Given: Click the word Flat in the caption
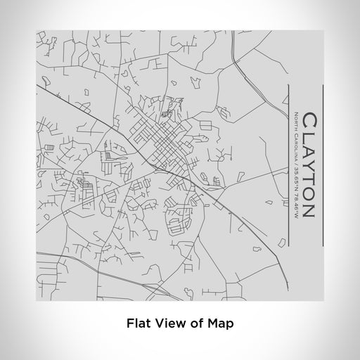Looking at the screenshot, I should point(139,324).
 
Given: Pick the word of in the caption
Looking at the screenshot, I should point(193,324).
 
